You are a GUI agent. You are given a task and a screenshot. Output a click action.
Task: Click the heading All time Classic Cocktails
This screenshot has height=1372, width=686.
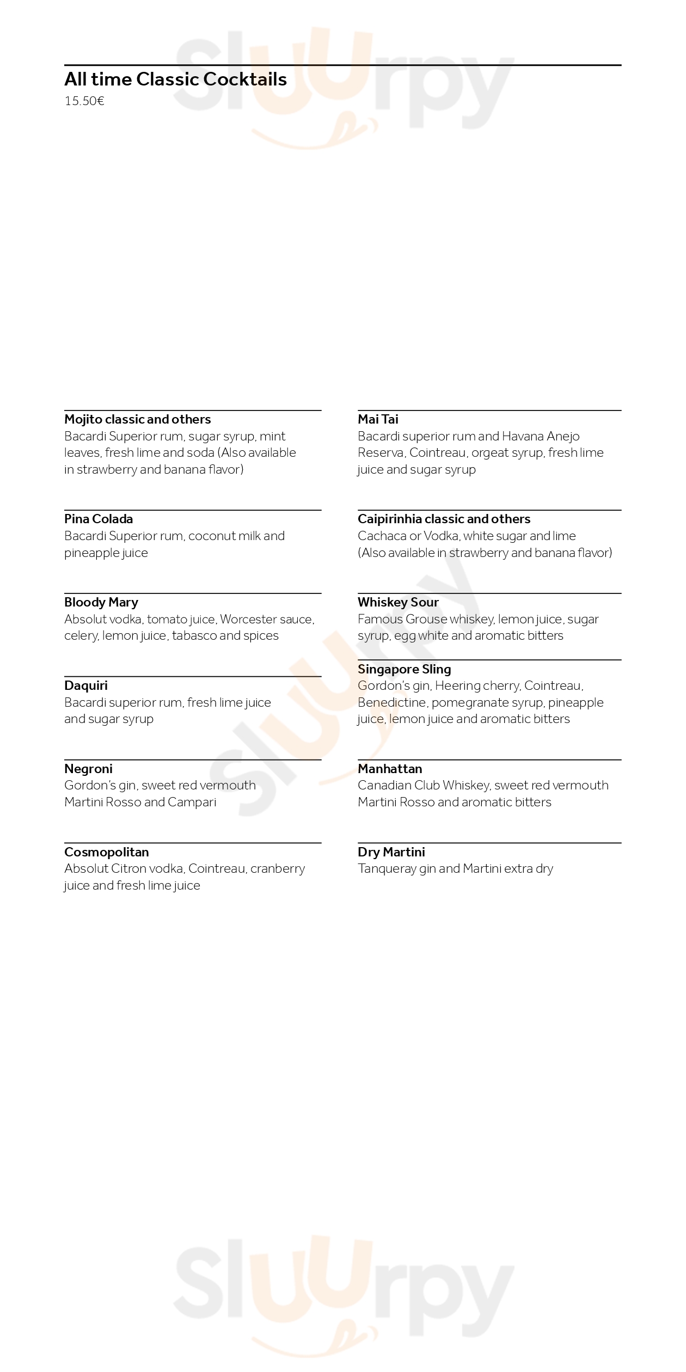175,79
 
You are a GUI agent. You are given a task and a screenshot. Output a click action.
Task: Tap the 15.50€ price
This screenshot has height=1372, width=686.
84,101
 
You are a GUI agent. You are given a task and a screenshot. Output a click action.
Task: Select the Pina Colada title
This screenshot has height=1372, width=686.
99,519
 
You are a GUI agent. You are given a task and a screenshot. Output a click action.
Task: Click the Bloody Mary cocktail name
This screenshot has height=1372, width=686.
101,602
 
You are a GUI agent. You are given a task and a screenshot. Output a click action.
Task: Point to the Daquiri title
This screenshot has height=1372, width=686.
86,685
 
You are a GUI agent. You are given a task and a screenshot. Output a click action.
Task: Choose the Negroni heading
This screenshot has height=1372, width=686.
88,769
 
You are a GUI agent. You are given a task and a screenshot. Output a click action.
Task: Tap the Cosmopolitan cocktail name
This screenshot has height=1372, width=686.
106,852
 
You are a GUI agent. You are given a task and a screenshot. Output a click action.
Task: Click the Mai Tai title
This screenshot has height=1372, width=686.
378,419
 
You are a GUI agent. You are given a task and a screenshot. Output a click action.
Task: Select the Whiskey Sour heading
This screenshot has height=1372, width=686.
398,602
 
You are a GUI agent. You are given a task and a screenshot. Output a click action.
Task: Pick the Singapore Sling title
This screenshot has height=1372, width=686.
404,669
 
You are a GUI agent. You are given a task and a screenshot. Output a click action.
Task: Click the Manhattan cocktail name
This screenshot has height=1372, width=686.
390,769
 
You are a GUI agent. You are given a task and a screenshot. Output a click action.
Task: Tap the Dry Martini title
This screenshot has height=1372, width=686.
391,852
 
